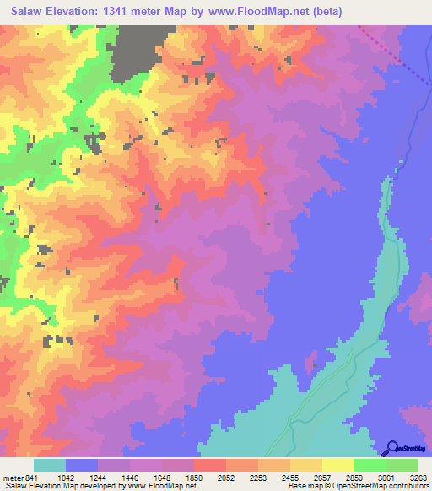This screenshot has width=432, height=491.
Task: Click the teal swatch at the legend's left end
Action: pos(50,465)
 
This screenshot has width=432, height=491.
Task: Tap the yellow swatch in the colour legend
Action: pos(338,465)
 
